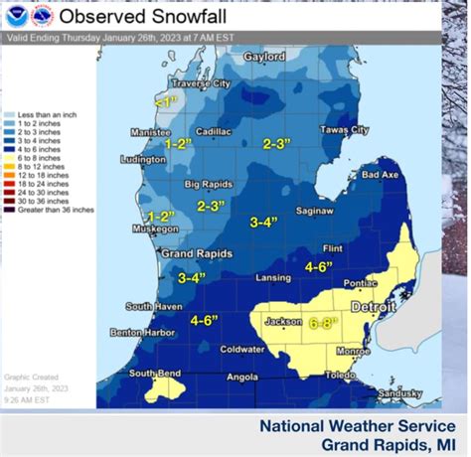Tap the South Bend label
[x=156, y=373]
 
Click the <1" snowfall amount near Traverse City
[x=165, y=101]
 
